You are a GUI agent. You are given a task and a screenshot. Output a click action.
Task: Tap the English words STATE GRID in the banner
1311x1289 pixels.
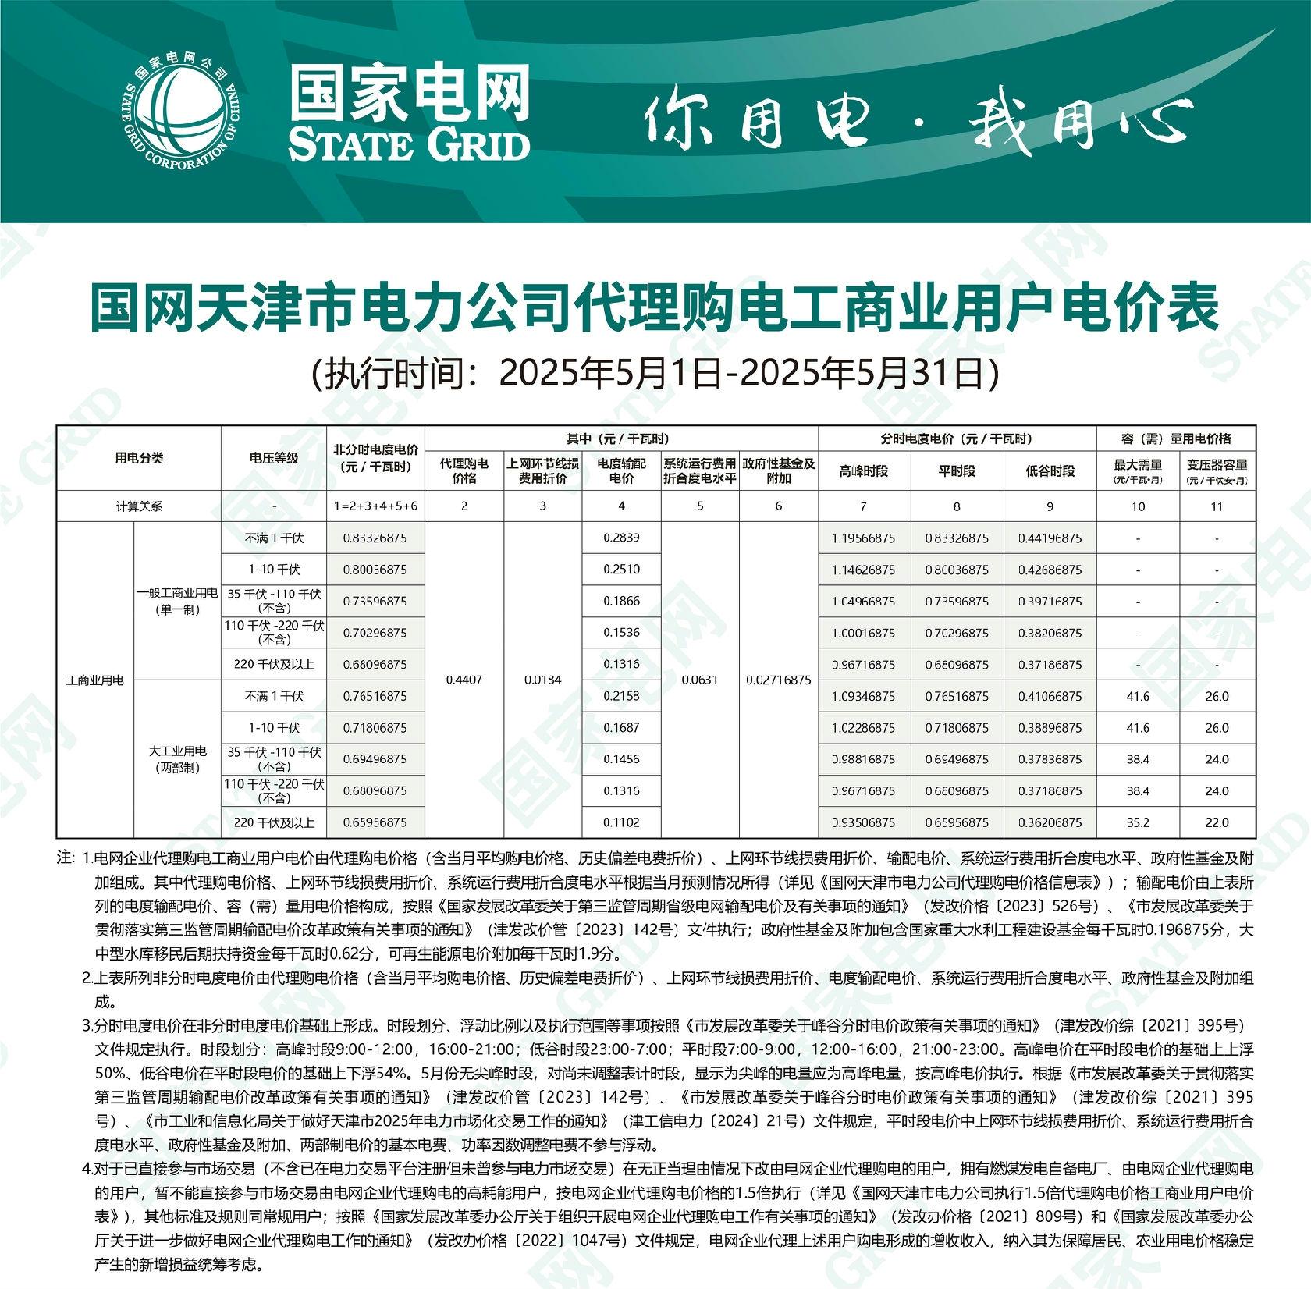(x=408, y=145)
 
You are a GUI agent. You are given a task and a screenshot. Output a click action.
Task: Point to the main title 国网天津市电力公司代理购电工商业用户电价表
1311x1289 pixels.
(x=655, y=308)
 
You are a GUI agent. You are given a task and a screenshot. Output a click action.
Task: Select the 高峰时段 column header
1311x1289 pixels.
(x=863, y=471)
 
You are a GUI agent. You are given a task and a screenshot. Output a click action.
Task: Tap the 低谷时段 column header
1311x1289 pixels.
(x=1050, y=471)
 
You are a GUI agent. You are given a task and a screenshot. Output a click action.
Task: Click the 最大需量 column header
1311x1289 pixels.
(x=1138, y=471)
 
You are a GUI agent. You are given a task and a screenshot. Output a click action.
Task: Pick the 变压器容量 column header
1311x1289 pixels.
(x=1217, y=471)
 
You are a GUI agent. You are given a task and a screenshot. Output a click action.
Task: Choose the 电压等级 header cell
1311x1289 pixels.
(x=273, y=458)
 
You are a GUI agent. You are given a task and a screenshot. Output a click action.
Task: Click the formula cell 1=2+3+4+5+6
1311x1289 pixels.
(x=375, y=506)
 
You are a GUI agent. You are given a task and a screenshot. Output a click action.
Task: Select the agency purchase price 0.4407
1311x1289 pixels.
(x=464, y=680)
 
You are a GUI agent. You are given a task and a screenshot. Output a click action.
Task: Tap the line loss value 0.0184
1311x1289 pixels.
(x=542, y=680)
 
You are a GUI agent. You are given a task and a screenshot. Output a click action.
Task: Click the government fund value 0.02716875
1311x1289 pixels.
(x=778, y=680)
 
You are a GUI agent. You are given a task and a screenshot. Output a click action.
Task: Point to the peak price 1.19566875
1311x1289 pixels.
(x=863, y=538)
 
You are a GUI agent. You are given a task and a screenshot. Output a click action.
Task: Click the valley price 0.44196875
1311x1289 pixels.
(x=1050, y=538)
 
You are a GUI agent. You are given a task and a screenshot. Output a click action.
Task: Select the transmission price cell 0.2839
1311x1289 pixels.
(x=621, y=538)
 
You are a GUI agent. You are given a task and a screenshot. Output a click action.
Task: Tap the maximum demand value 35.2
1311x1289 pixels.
(x=1138, y=822)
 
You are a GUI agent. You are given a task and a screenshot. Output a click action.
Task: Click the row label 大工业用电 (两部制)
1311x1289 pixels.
(x=178, y=759)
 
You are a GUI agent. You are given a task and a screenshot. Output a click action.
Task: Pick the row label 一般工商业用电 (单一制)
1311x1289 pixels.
(x=178, y=602)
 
